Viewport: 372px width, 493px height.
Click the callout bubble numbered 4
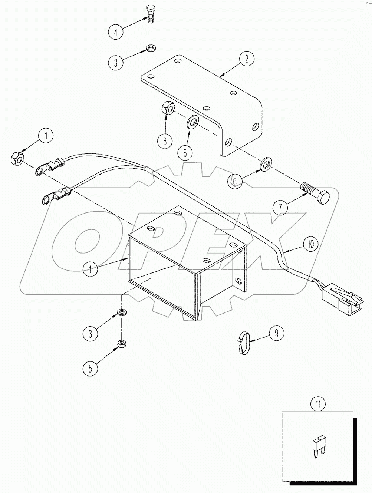pyautogui.click(x=116, y=32)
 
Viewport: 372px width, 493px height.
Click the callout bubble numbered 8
pyautogui.click(x=165, y=140)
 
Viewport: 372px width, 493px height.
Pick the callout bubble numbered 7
pyautogui.click(x=281, y=207)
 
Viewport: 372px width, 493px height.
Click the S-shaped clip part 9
pyautogui.click(x=243, y=343)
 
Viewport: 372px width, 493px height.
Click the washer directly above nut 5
pyautogui.click(x=121, y=312)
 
